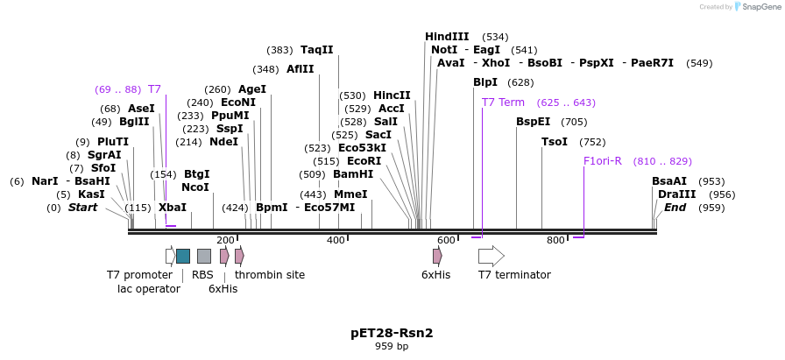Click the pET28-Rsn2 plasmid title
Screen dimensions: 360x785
click(x=392, y=333)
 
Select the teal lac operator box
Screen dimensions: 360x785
click(x=183, y=256)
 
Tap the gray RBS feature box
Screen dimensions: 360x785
click(x=203, y=256)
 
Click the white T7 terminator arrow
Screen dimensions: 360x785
click(x=491, y=256)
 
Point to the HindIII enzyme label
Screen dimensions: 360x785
click(x=447, y=37)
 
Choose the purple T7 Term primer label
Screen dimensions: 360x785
click(x=503, y=102)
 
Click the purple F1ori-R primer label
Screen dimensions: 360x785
click(x=603, y=161)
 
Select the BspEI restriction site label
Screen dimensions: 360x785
click(x=534, y=122)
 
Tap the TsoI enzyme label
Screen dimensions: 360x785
click(x=555, y=142)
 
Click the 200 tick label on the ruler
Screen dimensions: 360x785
click(x=225, y=240)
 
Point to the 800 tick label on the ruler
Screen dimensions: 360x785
click(x=555, y=240)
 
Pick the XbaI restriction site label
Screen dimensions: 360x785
click(x=173, y=208)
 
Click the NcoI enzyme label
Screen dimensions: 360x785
click(x=195, y=187)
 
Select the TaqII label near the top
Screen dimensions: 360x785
click(x=316, y=50)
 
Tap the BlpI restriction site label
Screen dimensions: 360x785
click(x=485, y=82)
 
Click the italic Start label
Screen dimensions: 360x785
click(x=82, y=208)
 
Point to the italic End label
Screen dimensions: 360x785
click(x=675, y=208)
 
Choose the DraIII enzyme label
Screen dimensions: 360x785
click(x=677, y=194)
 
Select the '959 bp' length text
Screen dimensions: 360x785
click(x=392, y=347)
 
